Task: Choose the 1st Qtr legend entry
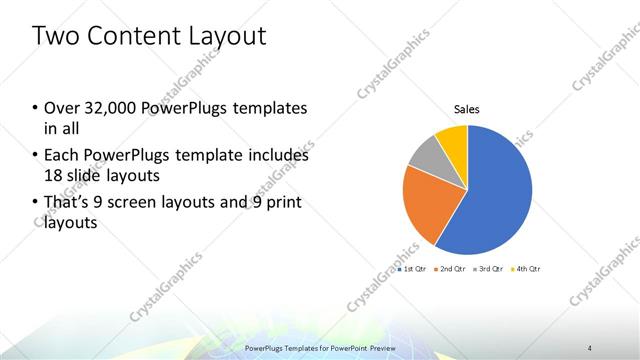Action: coord(412,269)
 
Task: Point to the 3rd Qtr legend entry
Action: coord(491,269)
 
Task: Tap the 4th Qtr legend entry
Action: coord(529,269)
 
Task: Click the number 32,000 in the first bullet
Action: coord(113,108)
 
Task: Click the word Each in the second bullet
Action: coord(62,156)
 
